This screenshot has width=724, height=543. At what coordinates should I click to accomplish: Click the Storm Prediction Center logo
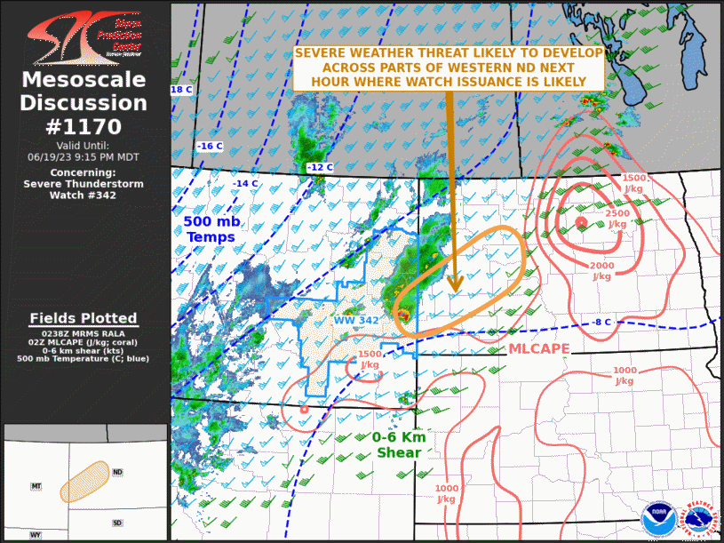[x=84, y=36]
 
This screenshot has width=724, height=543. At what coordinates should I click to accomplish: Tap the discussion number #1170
[x=84, y=126]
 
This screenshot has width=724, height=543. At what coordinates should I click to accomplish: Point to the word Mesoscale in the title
[x=84, y=81]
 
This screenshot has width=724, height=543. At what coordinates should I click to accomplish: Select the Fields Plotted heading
[x=84, y=318]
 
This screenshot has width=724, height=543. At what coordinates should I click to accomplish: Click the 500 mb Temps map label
[x=210, y=228]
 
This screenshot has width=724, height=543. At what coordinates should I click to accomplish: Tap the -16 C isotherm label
[x=210, y=146]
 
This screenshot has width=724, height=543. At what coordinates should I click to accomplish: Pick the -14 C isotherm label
[x=245, y=183]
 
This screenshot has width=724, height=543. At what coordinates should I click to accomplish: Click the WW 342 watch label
[x=357, y=320]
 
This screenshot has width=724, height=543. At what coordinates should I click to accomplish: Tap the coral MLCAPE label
[x=538, y=349]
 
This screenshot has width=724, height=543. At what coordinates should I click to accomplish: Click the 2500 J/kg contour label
[x=622, y=219]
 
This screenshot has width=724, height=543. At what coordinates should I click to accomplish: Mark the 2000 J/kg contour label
[x=602, y=270]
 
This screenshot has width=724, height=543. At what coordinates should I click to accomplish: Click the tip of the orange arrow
[x=455, y=289]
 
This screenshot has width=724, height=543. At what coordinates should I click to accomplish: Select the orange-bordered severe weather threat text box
[x=449, y=67]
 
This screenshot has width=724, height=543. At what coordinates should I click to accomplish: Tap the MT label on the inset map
[x=36, y=486]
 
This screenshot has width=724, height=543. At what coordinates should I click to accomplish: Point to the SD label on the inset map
[x=118, y=523]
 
